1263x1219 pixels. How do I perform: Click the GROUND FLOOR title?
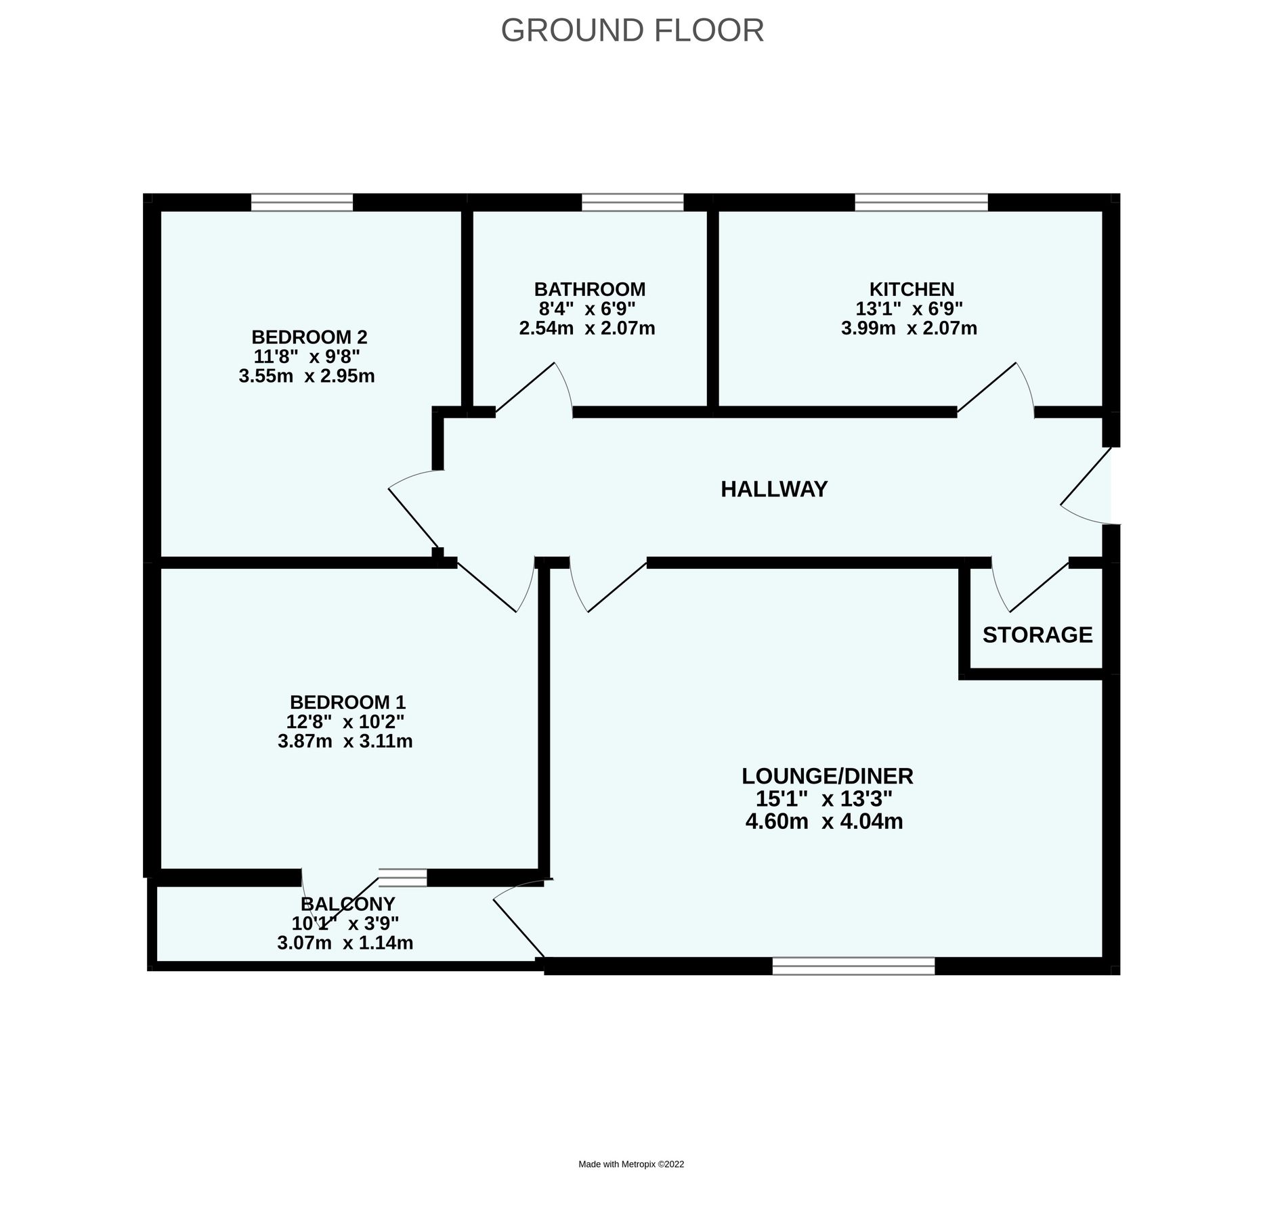point(632,30)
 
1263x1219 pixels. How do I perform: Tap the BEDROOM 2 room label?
point(309,337)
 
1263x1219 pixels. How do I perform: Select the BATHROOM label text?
point(589,289)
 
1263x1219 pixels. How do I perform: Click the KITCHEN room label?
point(911,289)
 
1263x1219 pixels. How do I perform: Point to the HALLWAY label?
point(773,489)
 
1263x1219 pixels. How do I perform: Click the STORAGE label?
point(1037,635)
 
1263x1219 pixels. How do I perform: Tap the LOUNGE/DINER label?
point(827,776)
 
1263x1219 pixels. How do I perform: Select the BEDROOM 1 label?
point(347,702)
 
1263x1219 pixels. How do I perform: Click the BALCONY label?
point(347,904)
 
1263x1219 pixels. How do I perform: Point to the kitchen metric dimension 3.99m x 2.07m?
point(909,329)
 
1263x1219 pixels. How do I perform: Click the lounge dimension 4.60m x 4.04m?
point(823,822)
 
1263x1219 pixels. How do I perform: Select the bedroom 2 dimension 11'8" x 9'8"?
point(306,356)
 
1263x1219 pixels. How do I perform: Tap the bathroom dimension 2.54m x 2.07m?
point(586,329)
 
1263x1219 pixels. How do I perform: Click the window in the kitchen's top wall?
point(920,202)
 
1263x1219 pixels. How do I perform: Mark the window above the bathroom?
point(632,202)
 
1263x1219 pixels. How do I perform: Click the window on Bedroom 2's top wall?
point(302,202)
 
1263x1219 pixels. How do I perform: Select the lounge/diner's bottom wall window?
point(853,966)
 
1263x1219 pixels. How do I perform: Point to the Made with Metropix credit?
point(630,1164)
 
